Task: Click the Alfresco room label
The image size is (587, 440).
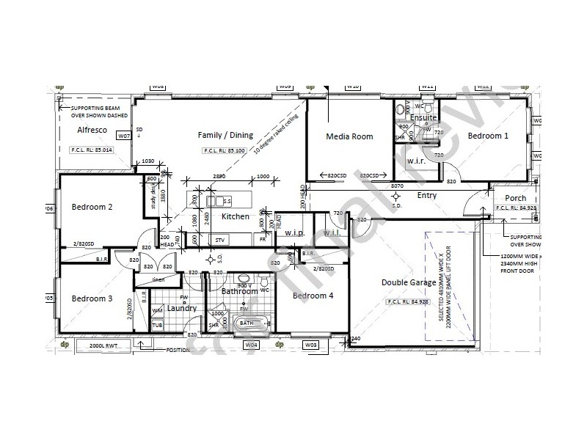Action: click(x=92, y=130)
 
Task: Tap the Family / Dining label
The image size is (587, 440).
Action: click(x=225, y=135)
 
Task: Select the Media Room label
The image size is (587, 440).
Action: click(x=349, y=136)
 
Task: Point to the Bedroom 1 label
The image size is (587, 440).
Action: click(x=488, y=136)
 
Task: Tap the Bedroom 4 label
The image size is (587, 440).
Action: click(x=313, y=296)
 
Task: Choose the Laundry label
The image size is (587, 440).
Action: click(x=181, y=308)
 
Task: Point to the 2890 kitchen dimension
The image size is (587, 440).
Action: click(x=219, y=177)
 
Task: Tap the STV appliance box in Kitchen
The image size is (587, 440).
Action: click(x=219, y=240)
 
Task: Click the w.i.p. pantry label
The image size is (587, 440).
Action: click(x=295, y=233)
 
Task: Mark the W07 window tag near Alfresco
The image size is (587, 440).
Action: click(x=124, y=136)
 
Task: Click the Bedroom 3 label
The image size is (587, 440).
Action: click(x=92, y=298)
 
